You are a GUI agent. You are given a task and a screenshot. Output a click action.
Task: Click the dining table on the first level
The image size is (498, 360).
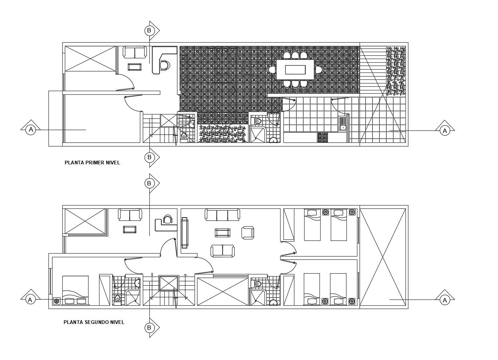click(x=295, y=70)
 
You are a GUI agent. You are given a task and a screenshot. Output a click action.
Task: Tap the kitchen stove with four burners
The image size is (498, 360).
click(x=322, y=137)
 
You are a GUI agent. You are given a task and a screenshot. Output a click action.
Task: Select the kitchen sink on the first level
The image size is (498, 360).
click(x=342, y=123)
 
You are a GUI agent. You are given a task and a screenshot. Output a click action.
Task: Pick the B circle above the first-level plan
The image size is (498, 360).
click(x=149, y=31)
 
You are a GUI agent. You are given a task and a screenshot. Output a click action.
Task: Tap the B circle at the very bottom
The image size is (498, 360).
click(x=149, y=328)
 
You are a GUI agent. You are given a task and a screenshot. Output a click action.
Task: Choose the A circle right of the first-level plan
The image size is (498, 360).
click(x=444, y=130)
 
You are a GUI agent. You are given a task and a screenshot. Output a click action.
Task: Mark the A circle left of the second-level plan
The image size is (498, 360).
click(x=30, y=300)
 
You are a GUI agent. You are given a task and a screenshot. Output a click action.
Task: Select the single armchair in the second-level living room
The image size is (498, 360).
click(x=248, y=232)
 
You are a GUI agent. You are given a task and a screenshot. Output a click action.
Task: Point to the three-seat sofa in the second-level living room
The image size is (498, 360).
click(x=222, y=215)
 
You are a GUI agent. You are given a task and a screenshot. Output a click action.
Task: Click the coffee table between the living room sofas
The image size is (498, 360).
click(x=222, y=232)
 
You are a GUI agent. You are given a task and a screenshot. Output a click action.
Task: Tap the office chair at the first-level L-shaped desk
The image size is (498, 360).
click(x=165, y=65)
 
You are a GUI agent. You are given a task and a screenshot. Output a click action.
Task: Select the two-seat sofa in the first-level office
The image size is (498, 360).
click(x=134, y=52)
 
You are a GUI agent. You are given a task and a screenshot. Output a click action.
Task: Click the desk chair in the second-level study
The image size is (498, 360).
click(x=168, y=219)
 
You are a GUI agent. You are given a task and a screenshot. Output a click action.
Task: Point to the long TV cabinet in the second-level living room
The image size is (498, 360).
click(x=184, y=233)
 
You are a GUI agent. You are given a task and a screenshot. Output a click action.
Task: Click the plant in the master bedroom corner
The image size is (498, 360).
click(x=57, y=301)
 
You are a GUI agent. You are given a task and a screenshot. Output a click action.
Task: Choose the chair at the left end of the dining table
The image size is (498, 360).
click(x=272, y=70)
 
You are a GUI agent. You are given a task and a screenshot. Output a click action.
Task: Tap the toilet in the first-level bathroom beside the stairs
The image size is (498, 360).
click(x=184, y=137)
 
